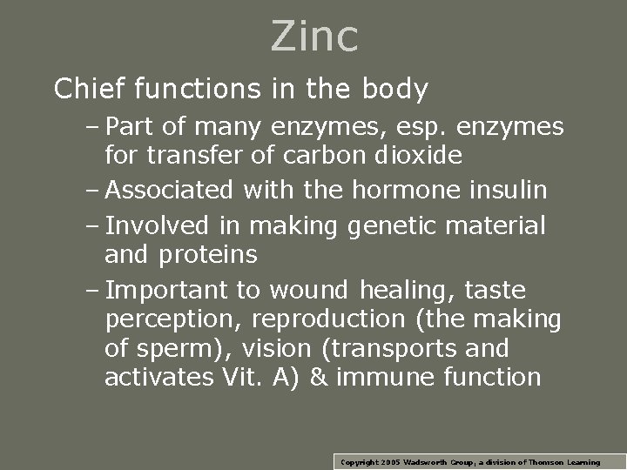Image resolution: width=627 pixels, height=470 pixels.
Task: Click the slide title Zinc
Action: pos(314,37)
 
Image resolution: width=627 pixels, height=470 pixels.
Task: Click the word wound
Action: pos(309,290)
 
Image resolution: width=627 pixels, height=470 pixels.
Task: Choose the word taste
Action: pos(496,290)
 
